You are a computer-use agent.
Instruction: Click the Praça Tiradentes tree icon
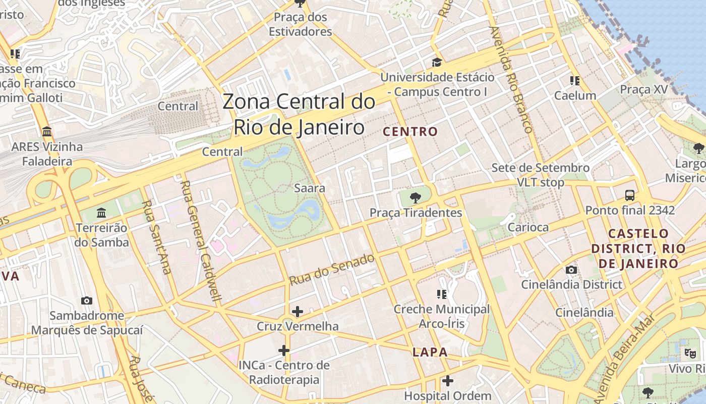point(416,197)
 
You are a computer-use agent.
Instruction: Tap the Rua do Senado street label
point(332,269)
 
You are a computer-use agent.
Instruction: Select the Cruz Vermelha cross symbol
point(298,311)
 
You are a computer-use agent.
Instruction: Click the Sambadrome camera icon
point(87,300)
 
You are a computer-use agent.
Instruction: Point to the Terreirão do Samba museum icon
point(101,213)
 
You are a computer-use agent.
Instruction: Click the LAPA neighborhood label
point(430,352)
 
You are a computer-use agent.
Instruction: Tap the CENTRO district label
point(410,132)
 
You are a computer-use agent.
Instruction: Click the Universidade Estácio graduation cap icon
point(437,62)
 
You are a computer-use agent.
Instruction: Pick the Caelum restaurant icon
point(574,80)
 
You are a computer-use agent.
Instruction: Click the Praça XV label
point(643,89)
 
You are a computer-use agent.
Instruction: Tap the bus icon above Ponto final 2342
point(630,195)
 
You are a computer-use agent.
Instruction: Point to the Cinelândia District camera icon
point(571,270)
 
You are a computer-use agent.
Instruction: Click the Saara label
point(310,188)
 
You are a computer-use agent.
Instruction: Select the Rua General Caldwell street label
point(200,240)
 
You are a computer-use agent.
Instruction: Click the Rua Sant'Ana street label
point(156,237)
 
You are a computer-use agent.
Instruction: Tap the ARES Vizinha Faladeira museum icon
point(47,132)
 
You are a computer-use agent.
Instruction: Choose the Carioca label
point(527,227)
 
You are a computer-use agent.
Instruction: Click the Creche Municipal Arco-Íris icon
point(442,294)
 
